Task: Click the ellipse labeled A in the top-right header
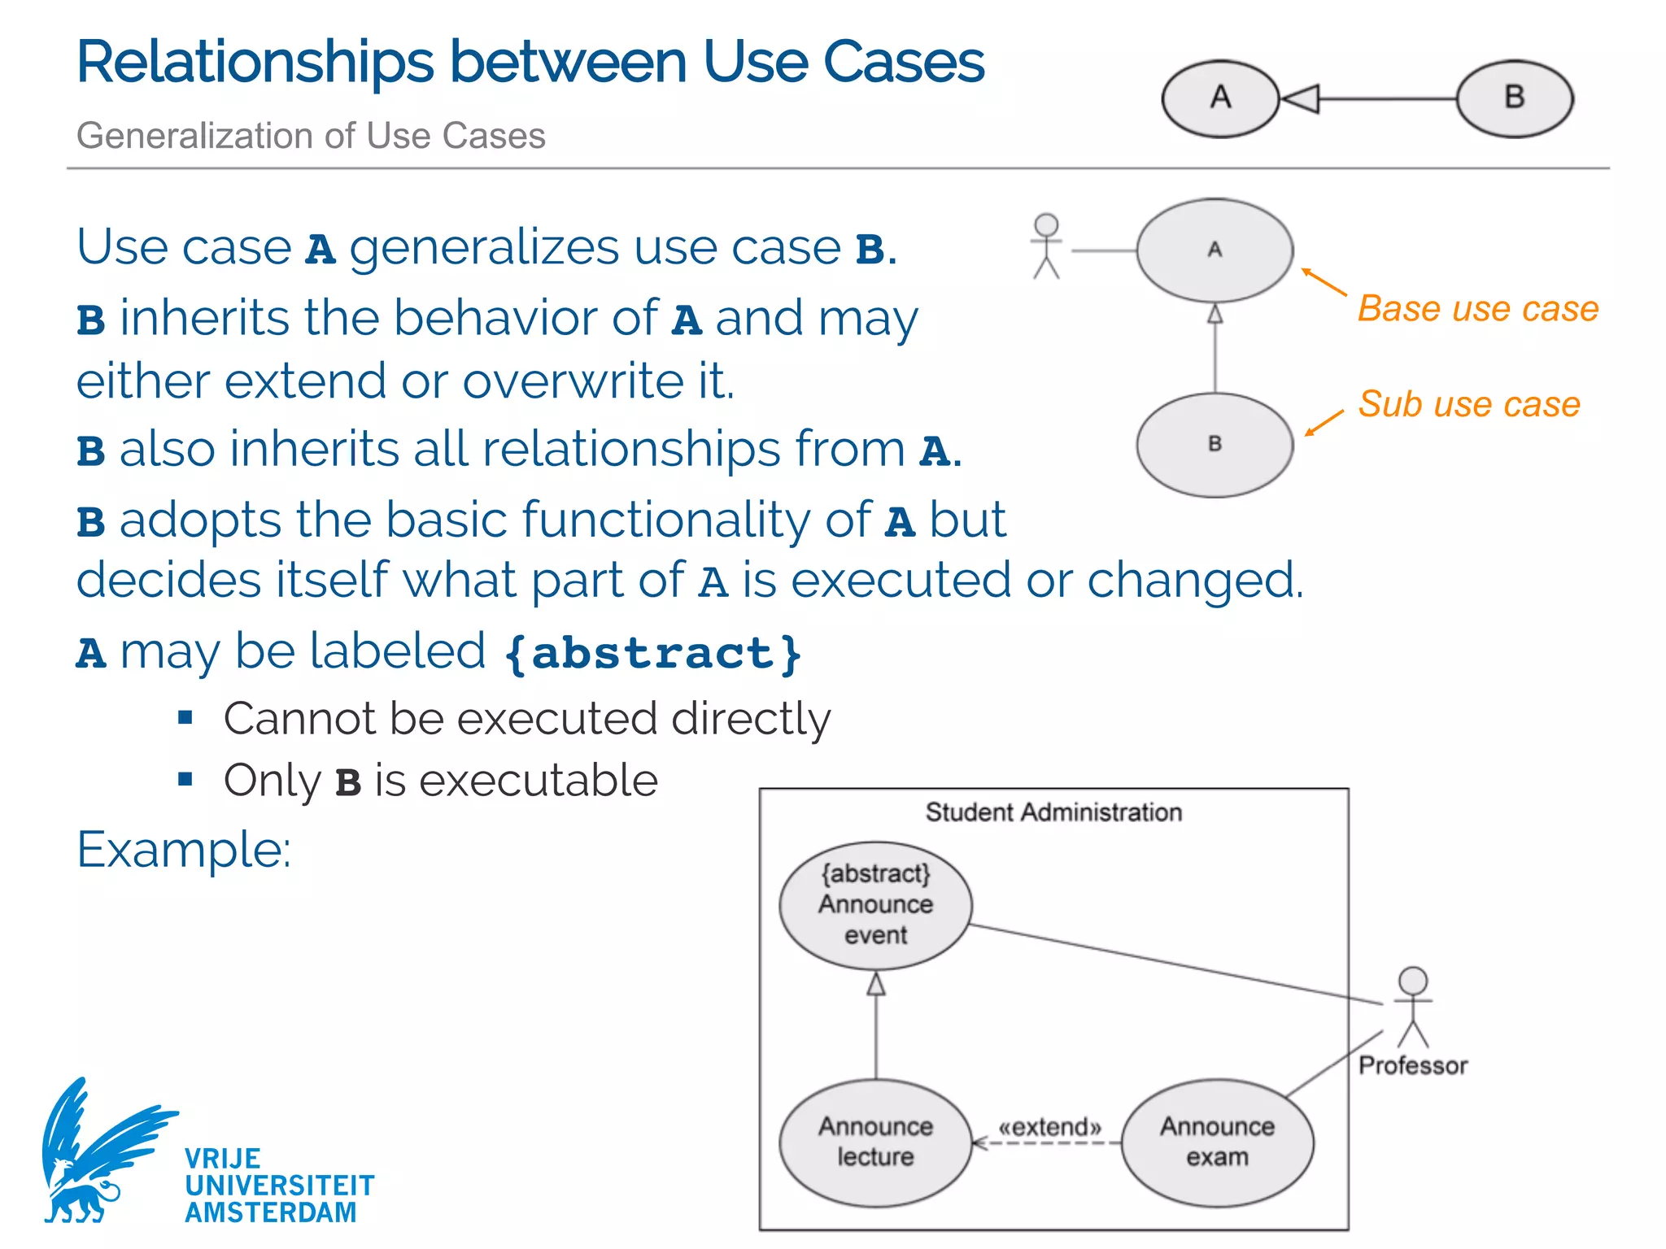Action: tap(1220, 99)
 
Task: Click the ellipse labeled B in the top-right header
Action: tap(1514, 99)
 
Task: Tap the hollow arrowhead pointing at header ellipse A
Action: tap(1300, 99)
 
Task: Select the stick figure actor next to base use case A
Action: tap(1046, 246)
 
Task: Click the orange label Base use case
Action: tap(1477, 309)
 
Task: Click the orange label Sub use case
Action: tap(1468, 404)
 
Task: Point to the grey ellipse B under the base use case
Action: tap(1215, 445)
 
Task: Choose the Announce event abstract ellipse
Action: tap(875, 905)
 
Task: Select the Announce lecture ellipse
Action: tap(875, 1142)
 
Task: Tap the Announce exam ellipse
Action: tap(1217, 1142)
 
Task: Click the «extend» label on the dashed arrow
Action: tap(1049, 1127)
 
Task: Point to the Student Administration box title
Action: tap(1053, 812)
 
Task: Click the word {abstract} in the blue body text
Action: tap(652, 653)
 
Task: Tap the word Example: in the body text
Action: tap(184, 850)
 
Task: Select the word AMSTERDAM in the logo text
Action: tap(270, 1212)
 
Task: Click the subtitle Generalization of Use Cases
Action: tap(311, 136)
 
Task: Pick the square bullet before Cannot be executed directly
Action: tap(185, 717)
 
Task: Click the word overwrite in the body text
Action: tap(574, 381)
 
